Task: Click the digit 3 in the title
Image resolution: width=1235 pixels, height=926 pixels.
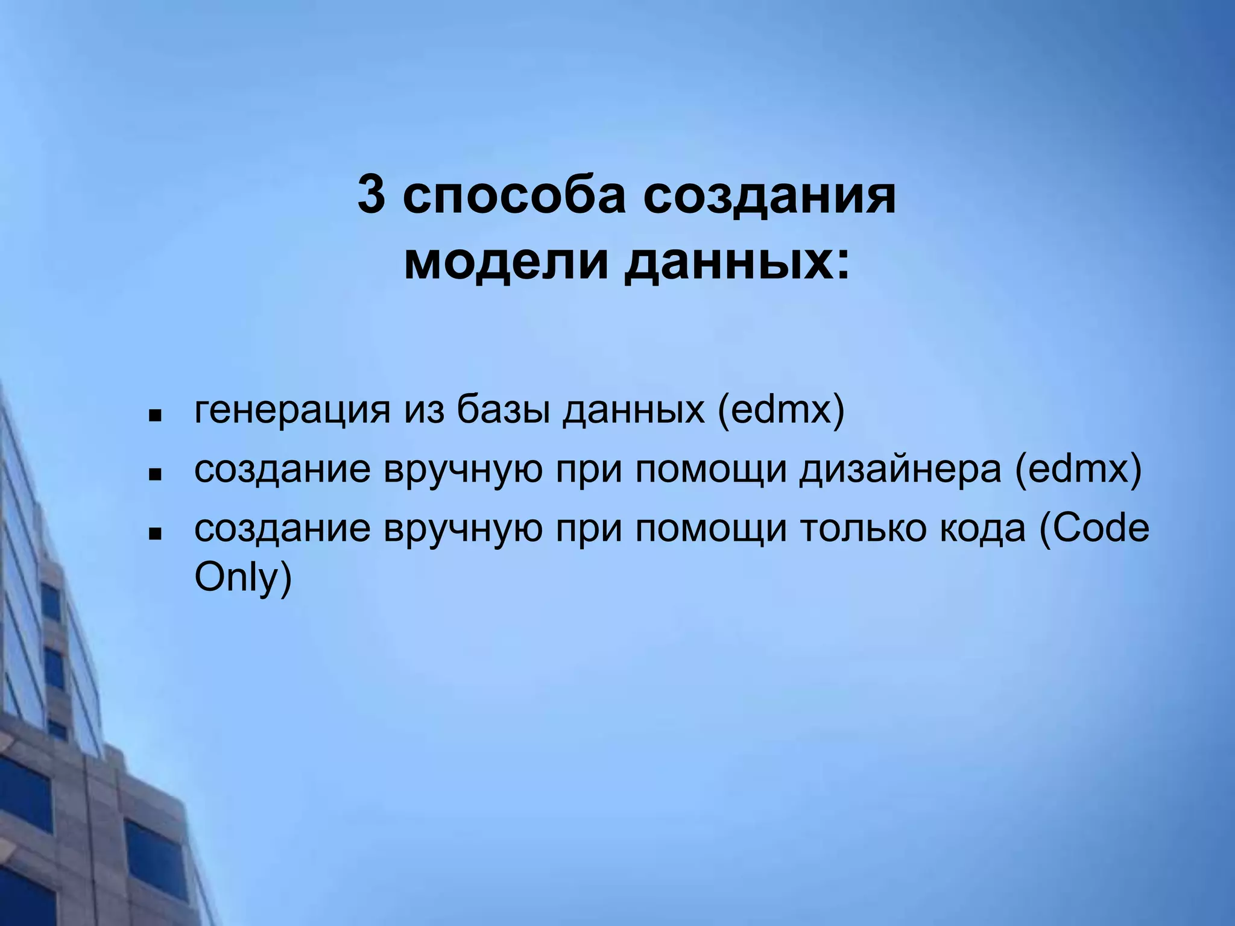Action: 371,195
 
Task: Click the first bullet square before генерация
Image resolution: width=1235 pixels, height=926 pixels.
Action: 155,416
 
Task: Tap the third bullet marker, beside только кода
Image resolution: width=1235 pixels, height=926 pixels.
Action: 155,534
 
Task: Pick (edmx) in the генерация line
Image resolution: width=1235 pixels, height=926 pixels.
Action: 781,411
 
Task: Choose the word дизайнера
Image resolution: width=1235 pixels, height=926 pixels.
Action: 900,470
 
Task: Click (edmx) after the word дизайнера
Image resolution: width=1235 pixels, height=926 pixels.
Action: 1078,470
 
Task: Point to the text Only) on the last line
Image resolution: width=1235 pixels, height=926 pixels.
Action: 243,578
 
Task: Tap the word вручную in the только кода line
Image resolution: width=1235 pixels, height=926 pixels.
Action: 463,528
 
